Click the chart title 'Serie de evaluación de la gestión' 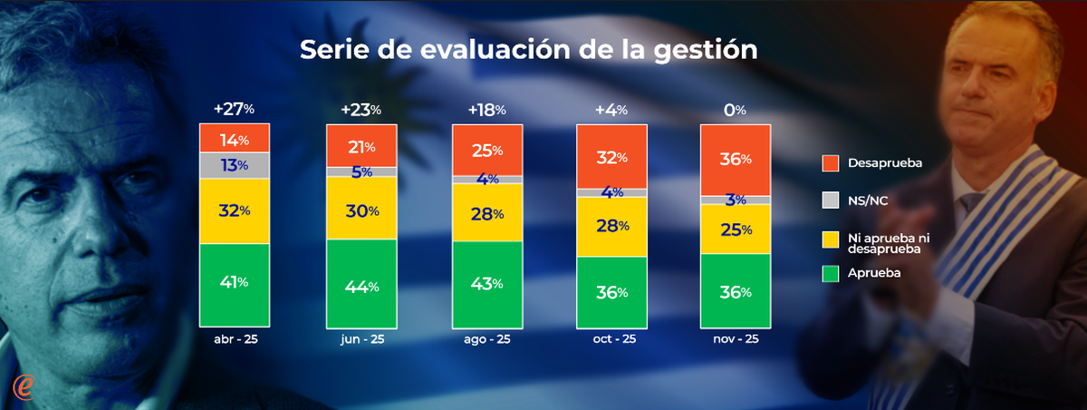click(528, 50)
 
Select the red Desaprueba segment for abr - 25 click(234, 139)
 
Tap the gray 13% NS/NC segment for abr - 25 click(234, 165)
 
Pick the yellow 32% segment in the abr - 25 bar click(234, 210)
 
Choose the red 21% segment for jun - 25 click(361, 146)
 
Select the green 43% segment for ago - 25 click(486, 283)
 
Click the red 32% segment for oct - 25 click(611, 156)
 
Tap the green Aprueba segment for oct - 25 click(611, 292)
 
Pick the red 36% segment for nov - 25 click(735, 160)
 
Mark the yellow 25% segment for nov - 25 click(735, 229)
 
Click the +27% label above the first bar click(234, 109)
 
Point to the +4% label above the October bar click(611, 109)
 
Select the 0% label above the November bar click(735, 109)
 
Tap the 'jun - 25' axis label click(361, 339)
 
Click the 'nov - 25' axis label click(735, 339)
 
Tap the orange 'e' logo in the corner click(24, 386)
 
